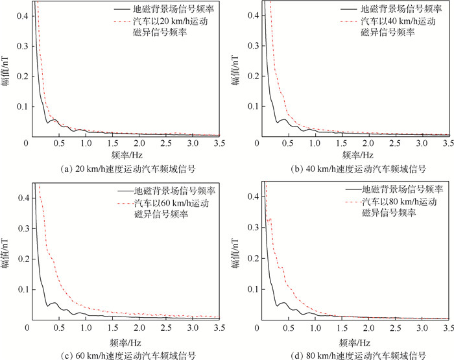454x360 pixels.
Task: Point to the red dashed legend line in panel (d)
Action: [350, 202]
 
